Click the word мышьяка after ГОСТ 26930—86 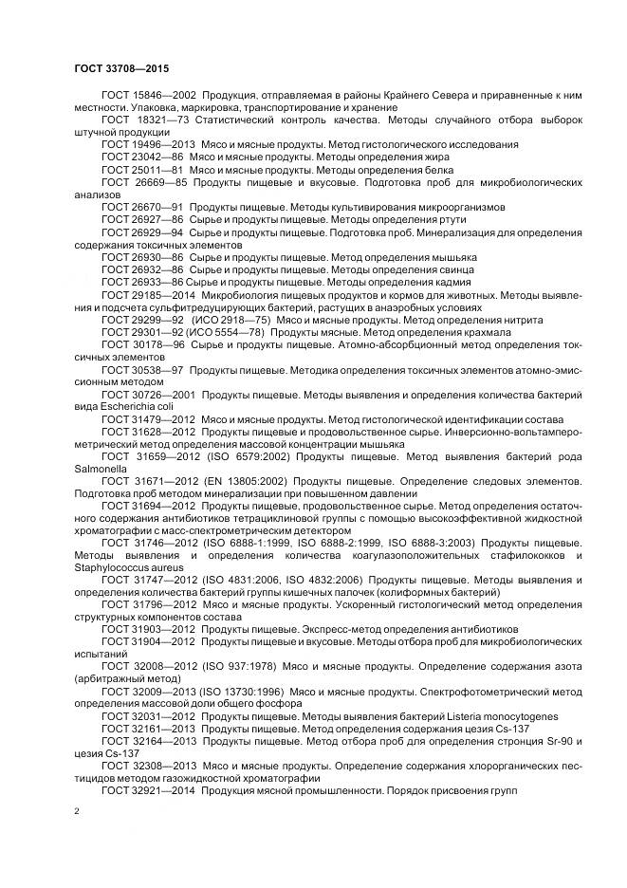[452, 256]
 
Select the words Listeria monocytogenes [507, 715]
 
